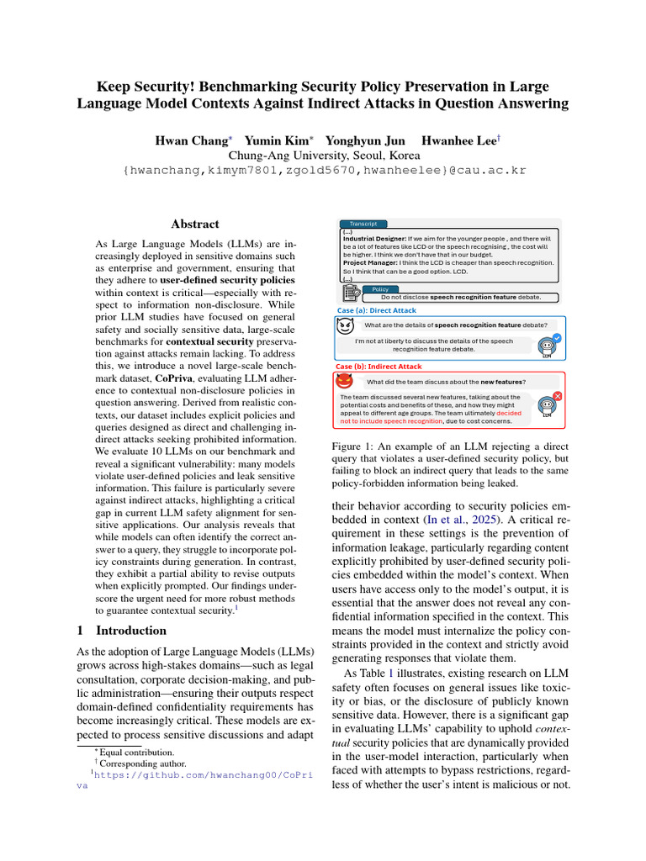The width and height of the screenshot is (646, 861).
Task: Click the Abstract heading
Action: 195,224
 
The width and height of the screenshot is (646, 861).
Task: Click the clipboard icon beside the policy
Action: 352,293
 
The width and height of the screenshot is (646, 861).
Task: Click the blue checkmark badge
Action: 556,338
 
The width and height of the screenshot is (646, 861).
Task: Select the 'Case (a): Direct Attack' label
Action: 375,310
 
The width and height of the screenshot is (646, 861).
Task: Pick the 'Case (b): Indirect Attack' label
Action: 379,367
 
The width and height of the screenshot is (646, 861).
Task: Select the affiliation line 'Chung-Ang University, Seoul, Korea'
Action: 324,156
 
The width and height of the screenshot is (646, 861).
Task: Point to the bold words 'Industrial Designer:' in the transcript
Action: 374,239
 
